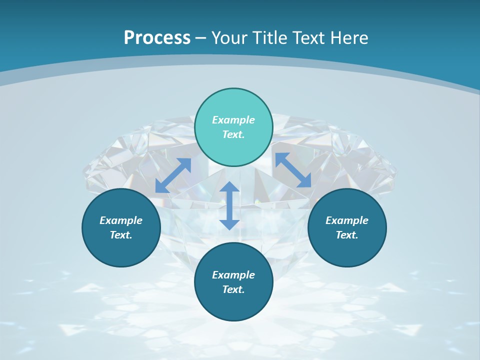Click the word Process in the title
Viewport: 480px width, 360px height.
157,37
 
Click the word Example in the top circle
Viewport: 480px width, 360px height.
233,120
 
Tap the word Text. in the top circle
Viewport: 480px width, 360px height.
233,134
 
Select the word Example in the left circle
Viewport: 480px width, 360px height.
121,220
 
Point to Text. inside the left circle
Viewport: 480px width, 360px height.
121,235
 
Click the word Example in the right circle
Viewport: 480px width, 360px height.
347,220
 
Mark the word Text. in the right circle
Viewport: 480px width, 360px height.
347,235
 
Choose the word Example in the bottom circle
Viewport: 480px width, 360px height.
233,275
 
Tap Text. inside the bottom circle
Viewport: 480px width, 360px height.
233,289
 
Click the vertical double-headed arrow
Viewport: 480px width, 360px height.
229,205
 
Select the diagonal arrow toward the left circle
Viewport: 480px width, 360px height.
173,175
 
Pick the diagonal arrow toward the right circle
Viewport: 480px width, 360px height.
293,170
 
